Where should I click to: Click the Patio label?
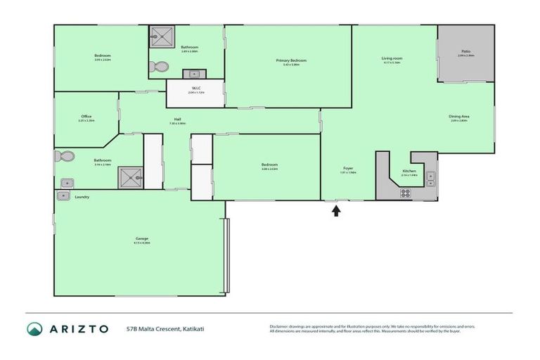pyautogui.click(x=465, y=51)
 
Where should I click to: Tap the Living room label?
pyautogui.click(x=391, y=58)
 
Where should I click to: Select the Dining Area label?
pyautogui.click(x=459, y=117)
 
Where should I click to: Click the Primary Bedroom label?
pyautogui.click(x=290, y=60)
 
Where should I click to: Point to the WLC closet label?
pyautogui.click(x=195, y=89)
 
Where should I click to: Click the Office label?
pyautogui.click(x=86, y=117)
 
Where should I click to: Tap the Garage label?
pyautogui.click(x=142, y=239)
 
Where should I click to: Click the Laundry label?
pyautogui.click(x=82, y=197)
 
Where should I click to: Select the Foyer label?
pyautogui.click(x=348, y=169)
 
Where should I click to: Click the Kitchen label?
pyautogui.click(x=409, y=172)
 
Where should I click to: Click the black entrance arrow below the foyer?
pyautogui.click(x=336, y=210)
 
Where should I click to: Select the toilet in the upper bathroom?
pyautogui.click(x=159, y=67)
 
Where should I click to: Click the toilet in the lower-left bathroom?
pyautogui.click(x=65, y=156)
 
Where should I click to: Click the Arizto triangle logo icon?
pyautogui.click(x=34, y=329)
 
